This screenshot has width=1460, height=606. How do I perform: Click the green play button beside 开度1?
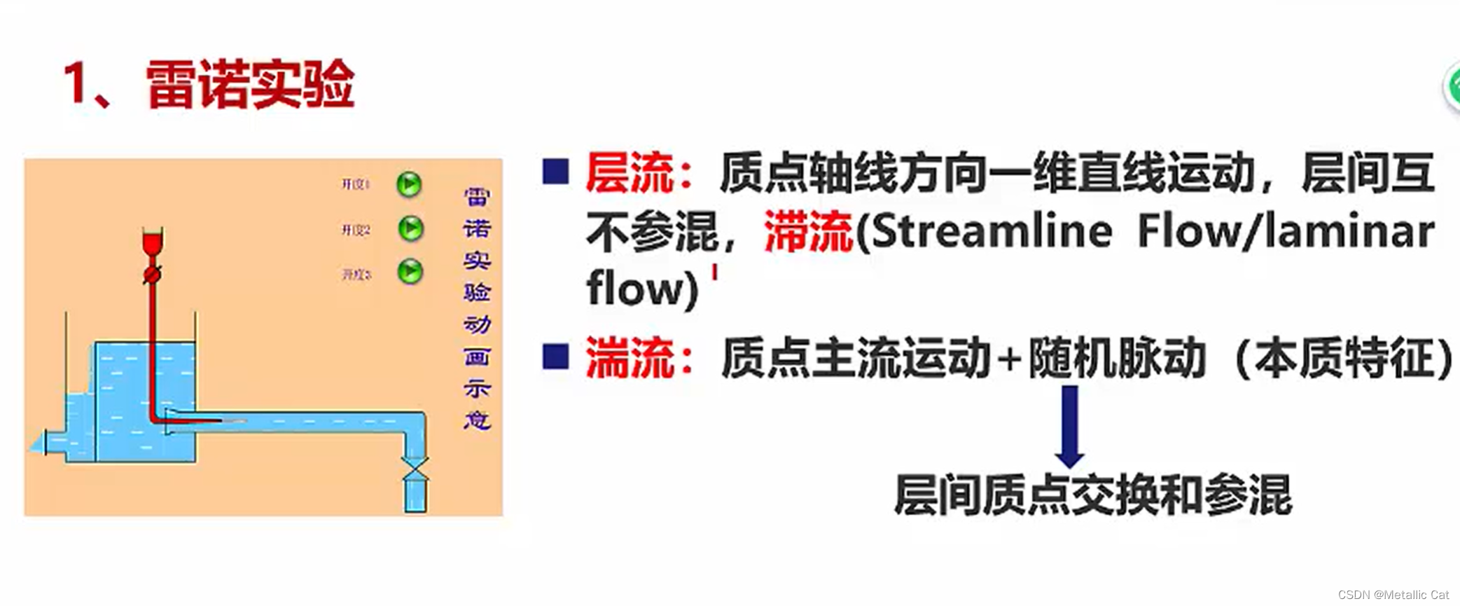[x=409, y=185]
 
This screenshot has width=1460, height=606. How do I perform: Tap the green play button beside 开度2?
[x=410, y=228]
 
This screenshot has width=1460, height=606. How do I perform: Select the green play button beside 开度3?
[x=410, y=271]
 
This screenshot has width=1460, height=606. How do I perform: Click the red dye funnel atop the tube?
[x=153, y=241]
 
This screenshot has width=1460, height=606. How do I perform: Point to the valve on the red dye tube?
[x=152, y=274]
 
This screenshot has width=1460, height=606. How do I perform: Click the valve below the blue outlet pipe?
[x=415, y=469]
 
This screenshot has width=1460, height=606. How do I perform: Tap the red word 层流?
[x=629, y=173]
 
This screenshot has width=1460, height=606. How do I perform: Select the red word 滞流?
[x=808, y=231]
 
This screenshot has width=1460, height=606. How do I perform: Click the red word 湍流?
[x=629, y=358]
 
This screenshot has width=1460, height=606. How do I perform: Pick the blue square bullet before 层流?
[x=555, y=172]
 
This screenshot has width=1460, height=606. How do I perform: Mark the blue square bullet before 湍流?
[x=555, y=357]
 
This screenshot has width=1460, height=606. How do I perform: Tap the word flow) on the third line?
[x=642, y=288]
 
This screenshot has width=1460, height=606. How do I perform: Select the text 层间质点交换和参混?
[x=1092, y=495]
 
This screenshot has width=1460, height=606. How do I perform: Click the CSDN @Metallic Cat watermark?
[x=1393, y=595]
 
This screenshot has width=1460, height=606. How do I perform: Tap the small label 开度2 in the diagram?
[x=356, y=230]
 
